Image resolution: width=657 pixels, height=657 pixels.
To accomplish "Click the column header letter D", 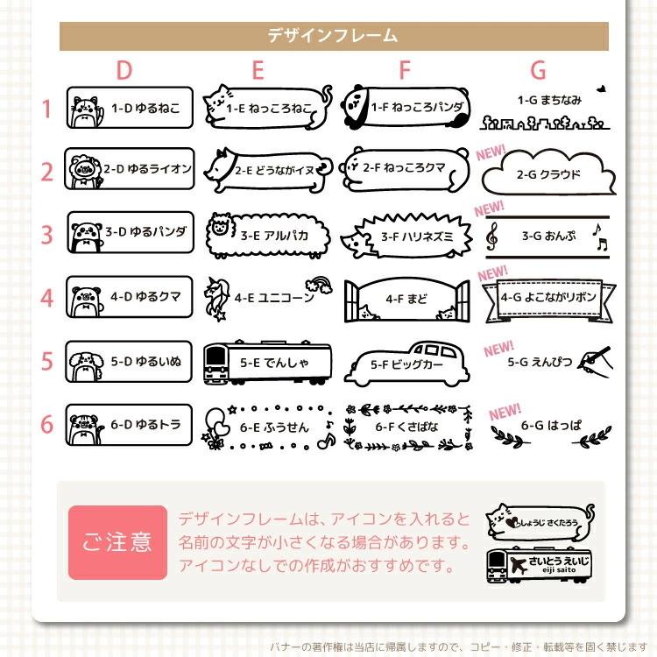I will [x=124, y=70].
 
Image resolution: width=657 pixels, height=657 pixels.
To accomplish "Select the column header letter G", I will [x=537, y=70].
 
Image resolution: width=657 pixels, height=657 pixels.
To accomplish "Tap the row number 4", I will [x=47, y=297].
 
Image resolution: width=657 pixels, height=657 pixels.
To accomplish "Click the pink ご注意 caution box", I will [x=117, y=542].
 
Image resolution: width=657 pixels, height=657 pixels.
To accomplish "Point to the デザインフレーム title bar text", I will [x=332, y=36].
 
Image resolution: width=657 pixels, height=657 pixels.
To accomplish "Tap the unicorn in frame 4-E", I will [x=215, y=296].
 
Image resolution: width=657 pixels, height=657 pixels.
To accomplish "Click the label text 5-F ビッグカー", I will [x=407, y=364].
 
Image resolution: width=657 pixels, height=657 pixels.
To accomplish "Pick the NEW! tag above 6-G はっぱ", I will [x=505, y=411].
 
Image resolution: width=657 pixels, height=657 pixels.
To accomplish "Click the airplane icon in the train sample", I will [x=516, y=562].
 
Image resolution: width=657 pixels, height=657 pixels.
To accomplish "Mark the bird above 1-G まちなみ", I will [x=601, y=88].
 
